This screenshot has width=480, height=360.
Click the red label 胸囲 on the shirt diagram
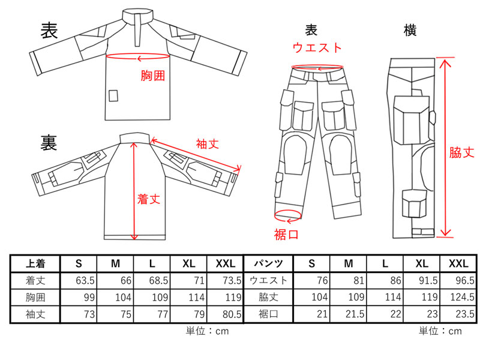[153, 76]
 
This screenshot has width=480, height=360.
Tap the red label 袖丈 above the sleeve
[208, 143]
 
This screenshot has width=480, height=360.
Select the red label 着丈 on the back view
[149, 199]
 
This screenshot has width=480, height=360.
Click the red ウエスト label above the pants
[317, 48]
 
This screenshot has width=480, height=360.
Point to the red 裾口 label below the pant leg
[286, 235]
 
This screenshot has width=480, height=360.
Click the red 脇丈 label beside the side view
[461, 152]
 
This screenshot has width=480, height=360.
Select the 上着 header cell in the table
[35, 263]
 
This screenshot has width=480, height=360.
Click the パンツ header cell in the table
[268, 263]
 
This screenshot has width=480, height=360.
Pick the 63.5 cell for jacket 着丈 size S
[79, 280]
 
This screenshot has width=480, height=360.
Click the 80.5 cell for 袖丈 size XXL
[226, 314]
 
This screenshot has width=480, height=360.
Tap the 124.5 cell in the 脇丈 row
[458, 297]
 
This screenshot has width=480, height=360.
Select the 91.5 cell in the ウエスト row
[422, 280]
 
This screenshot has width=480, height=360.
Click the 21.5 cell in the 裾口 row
[349, 314]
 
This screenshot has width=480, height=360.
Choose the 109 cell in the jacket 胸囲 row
[152, 297]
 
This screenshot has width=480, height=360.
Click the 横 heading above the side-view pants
[410, 31]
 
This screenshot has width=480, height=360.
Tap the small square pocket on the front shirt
[113, 95]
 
